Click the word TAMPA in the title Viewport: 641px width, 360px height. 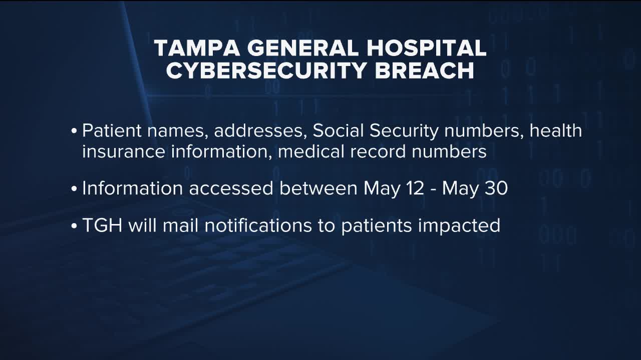197,48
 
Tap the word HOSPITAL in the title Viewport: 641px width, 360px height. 426,48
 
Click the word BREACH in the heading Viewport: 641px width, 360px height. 425,70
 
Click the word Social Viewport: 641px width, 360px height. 338,130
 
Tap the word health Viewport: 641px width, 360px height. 556,130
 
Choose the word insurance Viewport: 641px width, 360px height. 124,151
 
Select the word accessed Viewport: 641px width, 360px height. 231,188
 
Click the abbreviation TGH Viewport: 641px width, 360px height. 102,225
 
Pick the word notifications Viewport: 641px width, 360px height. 258,225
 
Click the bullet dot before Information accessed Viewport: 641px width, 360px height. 74,189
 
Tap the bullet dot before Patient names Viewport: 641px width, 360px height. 74,131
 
